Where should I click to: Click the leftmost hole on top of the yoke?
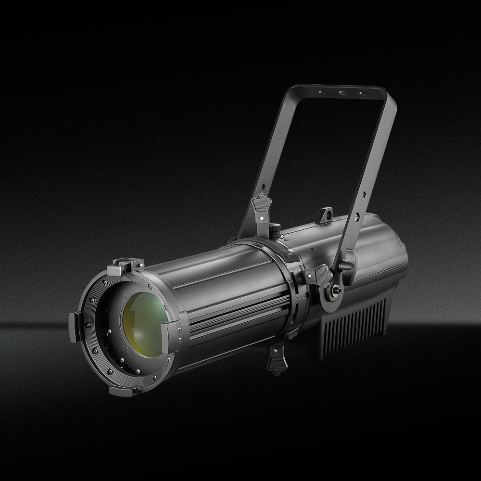tap(322, 90)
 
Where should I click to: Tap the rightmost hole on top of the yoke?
tap(362, 93)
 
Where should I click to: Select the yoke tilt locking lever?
tap(345, 266)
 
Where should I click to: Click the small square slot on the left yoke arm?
tap(264, 186)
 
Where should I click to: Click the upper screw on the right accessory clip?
tap(179, 330)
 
